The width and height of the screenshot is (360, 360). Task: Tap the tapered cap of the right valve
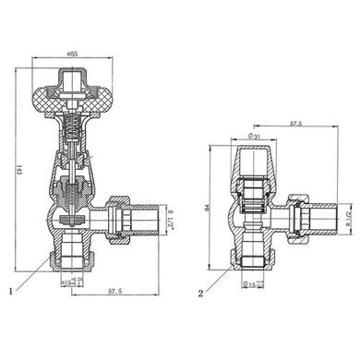tap(254, 167)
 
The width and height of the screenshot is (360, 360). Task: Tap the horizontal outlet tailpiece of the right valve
tap(324, 219)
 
